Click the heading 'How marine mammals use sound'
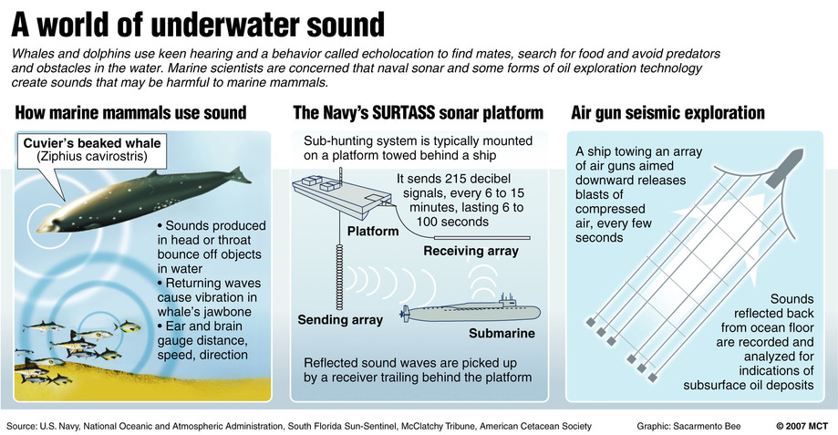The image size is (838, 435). [131, 113]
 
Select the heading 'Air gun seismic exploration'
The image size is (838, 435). [668, 113]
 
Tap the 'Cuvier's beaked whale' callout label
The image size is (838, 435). [92, 143]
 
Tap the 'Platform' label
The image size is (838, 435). [373, 232]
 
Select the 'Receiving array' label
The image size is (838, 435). [471, 251]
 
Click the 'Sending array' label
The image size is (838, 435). [340, 319]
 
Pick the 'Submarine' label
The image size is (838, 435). [502, 334]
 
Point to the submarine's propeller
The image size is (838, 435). [405, 314]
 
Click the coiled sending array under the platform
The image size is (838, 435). [339, 276]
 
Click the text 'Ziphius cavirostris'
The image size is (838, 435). [92, 157]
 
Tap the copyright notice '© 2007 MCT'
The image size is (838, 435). [802, 426]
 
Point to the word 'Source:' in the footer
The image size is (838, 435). [21, 426]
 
